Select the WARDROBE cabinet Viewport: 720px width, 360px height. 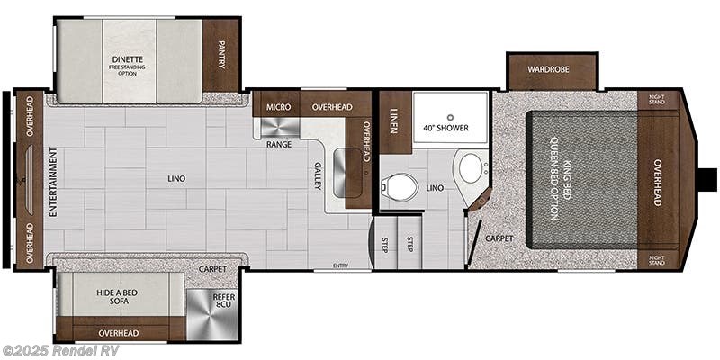pos(552,69)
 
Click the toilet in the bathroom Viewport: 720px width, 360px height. pos(400,188)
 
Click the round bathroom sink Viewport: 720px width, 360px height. pos(469,167)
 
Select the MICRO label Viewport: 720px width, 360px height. pos(278,107)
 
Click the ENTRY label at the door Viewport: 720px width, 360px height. pos(340,265)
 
